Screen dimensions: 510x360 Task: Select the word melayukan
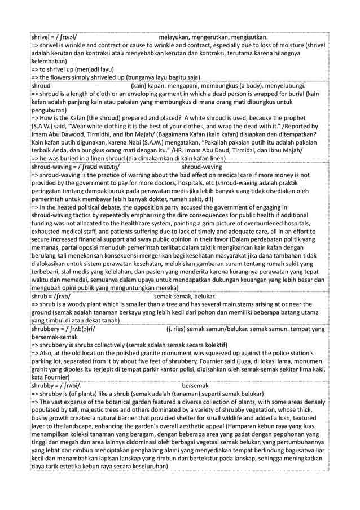(179, 37)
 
